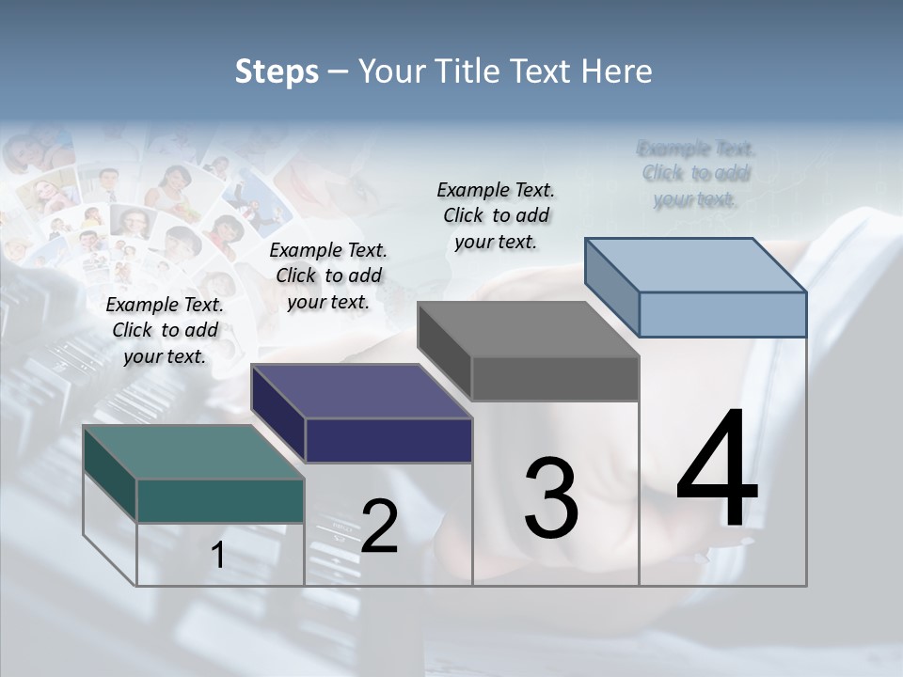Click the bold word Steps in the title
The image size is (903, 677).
277,71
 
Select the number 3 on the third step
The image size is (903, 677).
551,497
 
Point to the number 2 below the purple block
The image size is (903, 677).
379,527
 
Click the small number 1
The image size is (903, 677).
218,556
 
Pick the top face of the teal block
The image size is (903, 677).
193,451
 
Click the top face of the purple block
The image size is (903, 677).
361,391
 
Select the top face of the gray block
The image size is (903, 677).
528,329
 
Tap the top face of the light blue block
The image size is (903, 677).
695,265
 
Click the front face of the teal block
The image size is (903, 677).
220,500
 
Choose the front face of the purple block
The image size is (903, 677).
388,440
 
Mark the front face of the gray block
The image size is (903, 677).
555,379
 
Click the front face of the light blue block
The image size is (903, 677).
722,314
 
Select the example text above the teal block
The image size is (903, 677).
165,330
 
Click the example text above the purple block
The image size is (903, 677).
328,276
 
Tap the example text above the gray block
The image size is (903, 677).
496,215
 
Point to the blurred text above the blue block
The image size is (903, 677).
696,174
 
